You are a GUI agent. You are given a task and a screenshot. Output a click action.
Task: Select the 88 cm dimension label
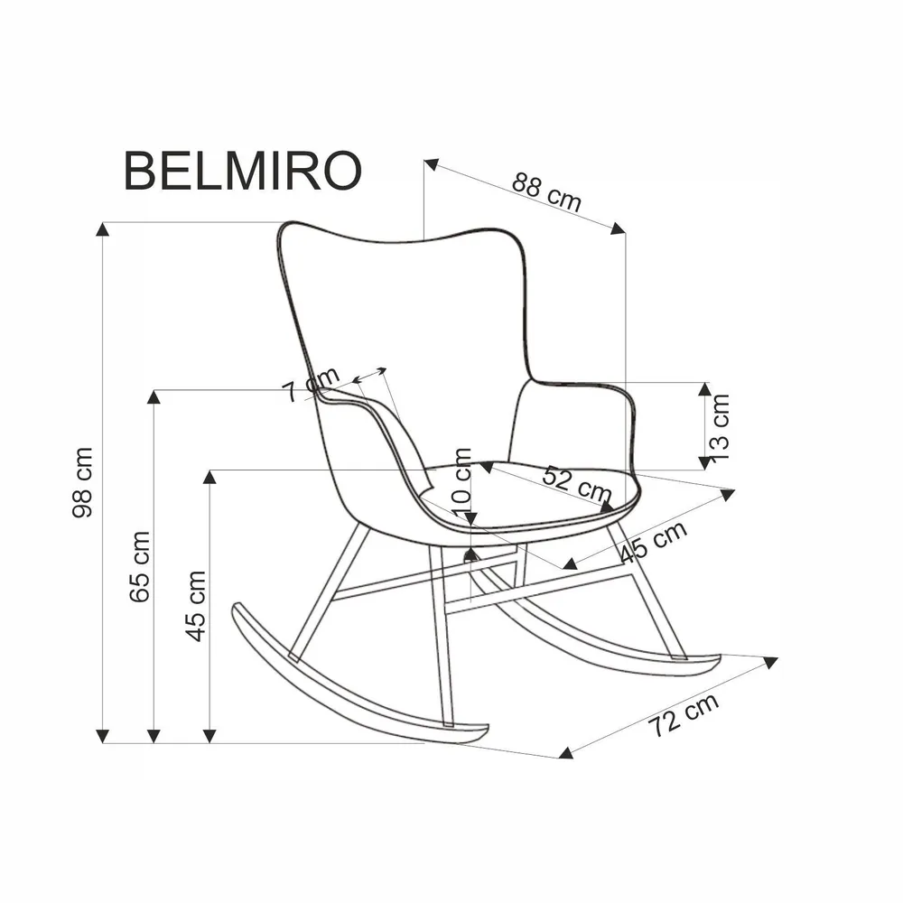tap(546, 191)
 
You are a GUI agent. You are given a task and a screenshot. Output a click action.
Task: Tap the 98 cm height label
tap(83, 483)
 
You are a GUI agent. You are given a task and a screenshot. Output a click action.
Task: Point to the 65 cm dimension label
tap(138, 566)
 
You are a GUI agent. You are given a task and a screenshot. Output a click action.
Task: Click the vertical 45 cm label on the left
tap(196, 605)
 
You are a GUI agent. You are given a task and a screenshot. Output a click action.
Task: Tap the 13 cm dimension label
tap(720, 426)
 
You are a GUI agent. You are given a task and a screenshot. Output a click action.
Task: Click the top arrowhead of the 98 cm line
tap(103, 229)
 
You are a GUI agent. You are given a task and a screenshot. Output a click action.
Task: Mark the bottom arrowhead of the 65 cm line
tap(154, 735)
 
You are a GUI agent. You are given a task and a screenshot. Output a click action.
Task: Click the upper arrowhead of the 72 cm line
tap(769, 662)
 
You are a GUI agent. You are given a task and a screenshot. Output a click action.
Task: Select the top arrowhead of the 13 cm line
tap(704, 389)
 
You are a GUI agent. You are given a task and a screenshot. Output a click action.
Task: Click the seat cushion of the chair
tap(533, 497)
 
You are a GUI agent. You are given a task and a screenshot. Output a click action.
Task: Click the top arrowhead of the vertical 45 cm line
tap(209, 478)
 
